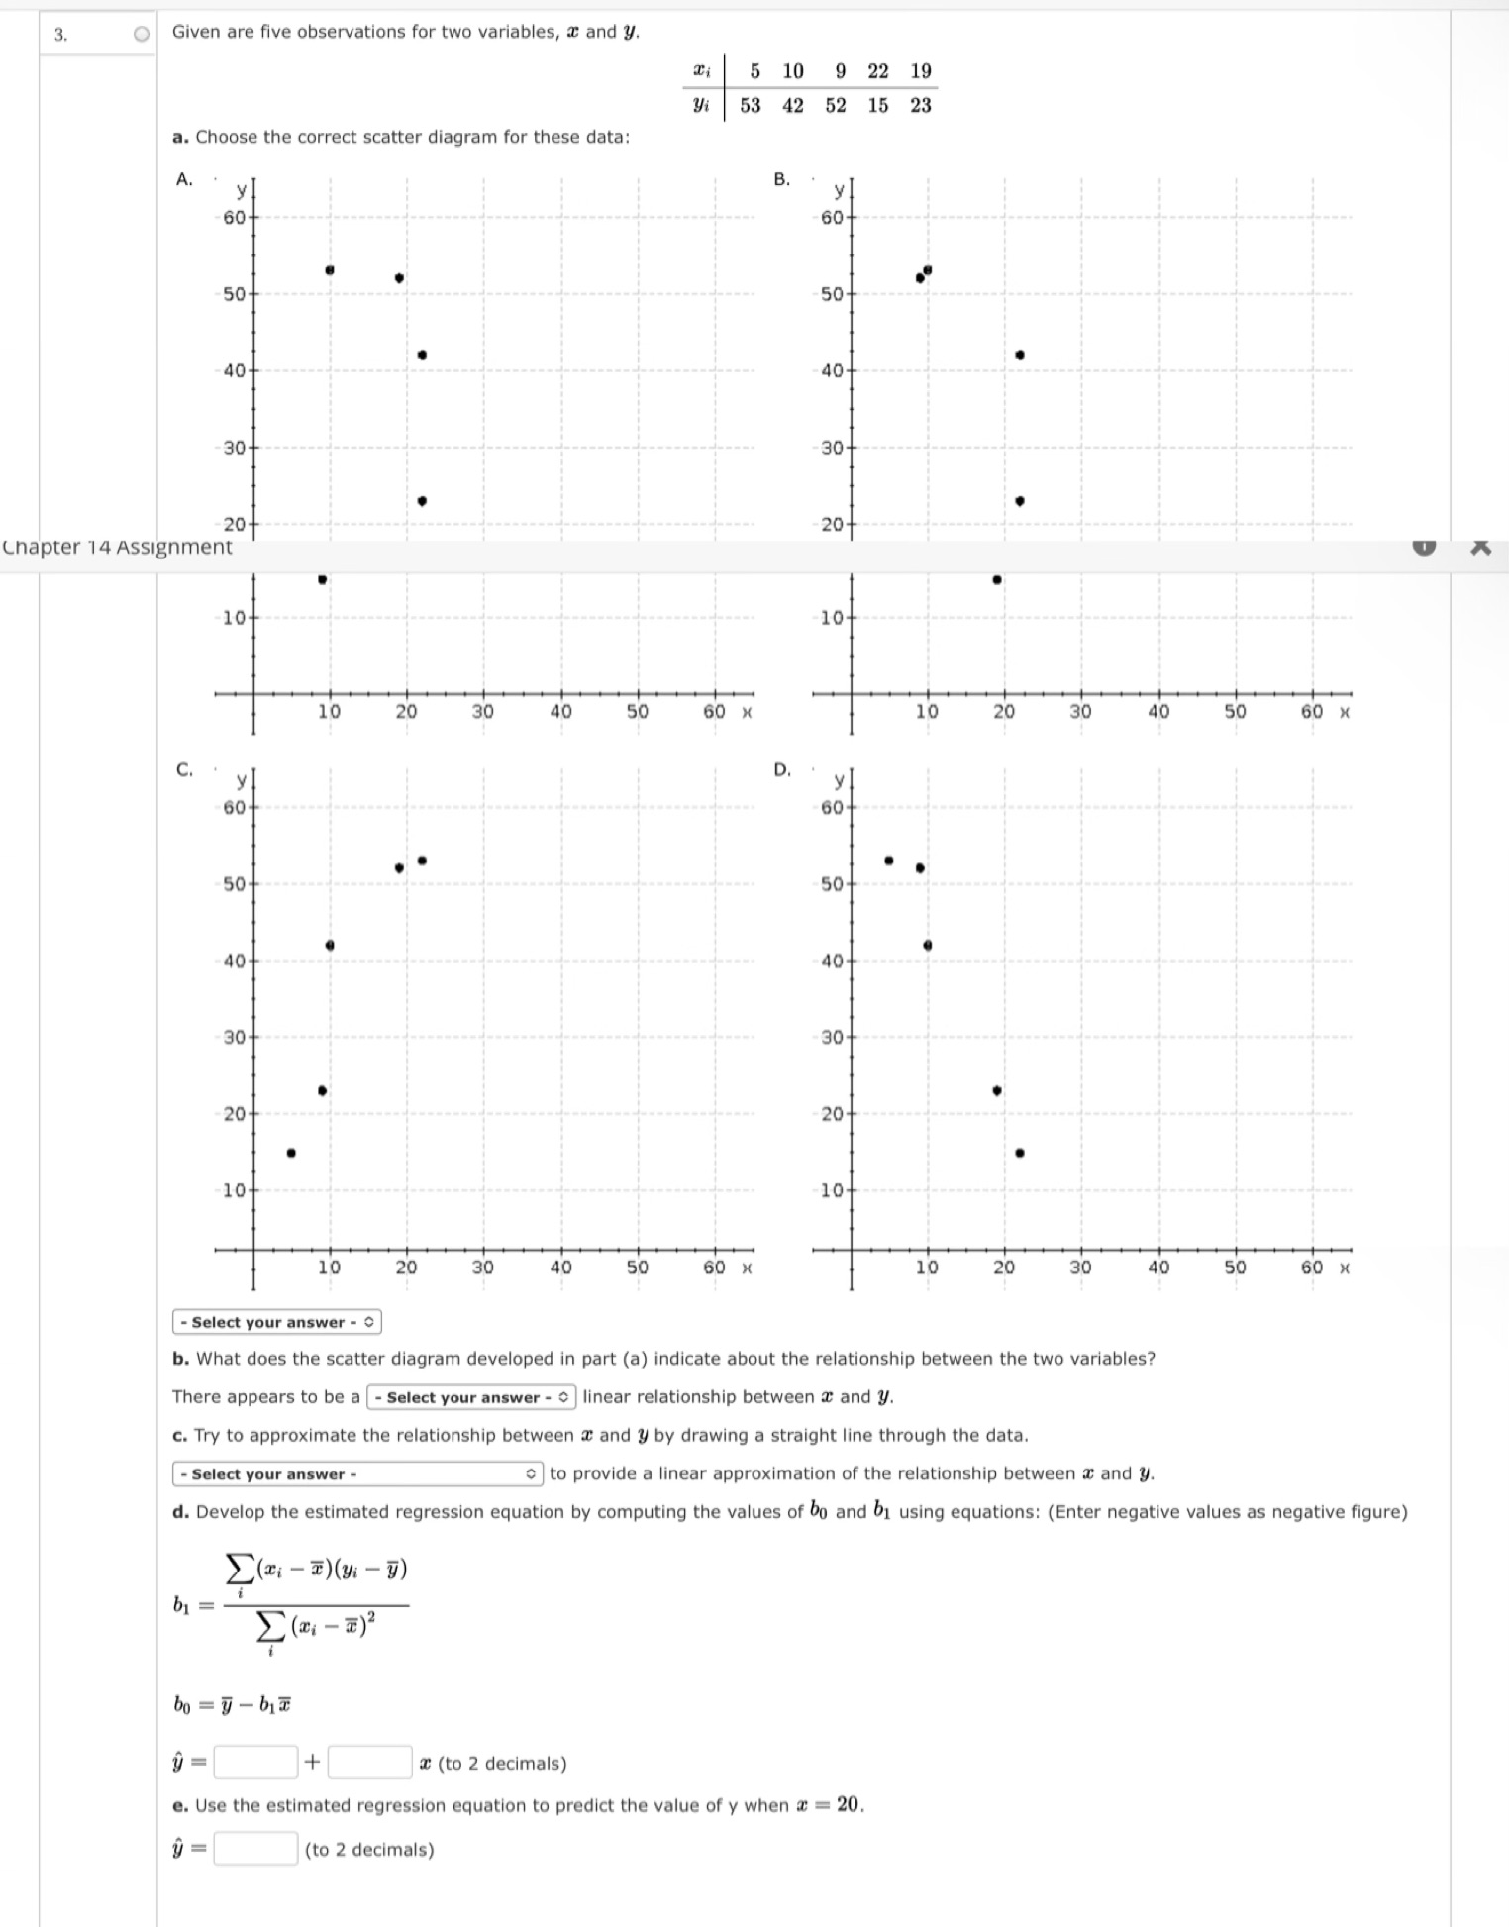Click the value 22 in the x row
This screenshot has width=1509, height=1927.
coord(878,71)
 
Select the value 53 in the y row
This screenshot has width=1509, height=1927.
coord(751,105)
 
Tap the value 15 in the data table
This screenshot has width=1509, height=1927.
coord(878,105)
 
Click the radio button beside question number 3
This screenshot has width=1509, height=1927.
coord(142,34)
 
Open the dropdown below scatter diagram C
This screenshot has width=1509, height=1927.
coord(276,1322)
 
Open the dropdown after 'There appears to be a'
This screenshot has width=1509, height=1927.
coord(471,1397)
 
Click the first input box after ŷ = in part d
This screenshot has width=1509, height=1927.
coord(255,1763)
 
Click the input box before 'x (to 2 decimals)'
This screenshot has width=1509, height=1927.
coord(369,1763)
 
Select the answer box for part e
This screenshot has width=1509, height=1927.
coord(255,1849)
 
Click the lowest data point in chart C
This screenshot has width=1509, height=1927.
coord(291,1153)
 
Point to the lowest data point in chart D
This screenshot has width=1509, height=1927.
coord(1020,1153)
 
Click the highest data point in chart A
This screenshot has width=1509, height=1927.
coord(330,270)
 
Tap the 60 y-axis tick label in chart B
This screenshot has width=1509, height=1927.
coord(832,217)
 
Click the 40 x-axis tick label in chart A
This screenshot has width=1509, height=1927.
coord(560,711)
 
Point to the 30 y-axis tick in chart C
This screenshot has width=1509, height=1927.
coord(234,1038)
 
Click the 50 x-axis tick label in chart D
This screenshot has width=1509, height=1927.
coord(1235,1268)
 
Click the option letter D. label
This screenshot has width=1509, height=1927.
coord(782,769)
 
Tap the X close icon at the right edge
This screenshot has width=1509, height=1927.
coord(1480,547)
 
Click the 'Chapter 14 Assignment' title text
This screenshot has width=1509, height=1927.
coord(117,547)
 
